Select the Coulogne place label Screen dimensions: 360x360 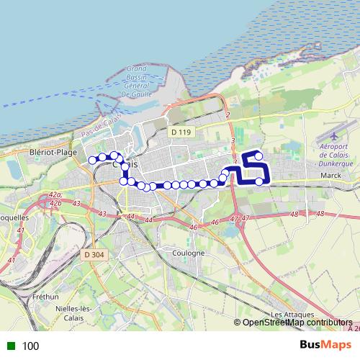[x=189, y=253]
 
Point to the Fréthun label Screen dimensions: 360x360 [x=45, y=297]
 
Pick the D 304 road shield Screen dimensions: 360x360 [x=94, y=254]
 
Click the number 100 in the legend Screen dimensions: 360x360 [x=31, y=346]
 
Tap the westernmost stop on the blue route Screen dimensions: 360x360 [x=92, y=160]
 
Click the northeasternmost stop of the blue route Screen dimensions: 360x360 [x=258, y=156]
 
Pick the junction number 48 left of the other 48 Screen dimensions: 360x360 [x=293, y=215]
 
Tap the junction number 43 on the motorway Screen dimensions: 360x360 [x=102, y=214]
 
